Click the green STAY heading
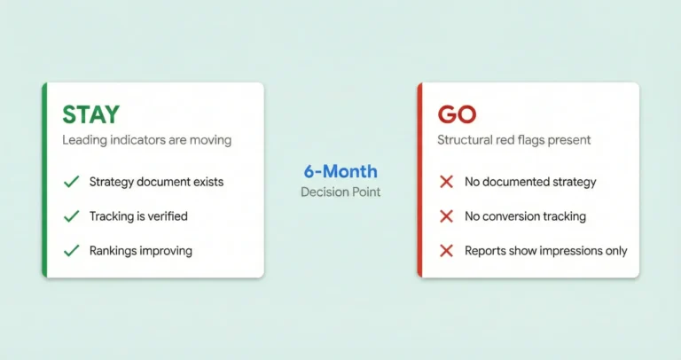(x=90, y=114)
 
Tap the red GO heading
(x=457, y=114)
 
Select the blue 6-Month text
(x=340, y=171)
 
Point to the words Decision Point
(x=340, y=192)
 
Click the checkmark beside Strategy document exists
(x=71, y=182)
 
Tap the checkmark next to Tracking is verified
(x=71, y=216)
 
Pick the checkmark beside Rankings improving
(x=71, y=251)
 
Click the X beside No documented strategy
(x=447, y=182)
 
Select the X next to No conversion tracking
(x=447, y=216)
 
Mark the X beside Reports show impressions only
(x=447, y=251)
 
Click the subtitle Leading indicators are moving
(x=146, y=140)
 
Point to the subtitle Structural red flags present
(x=515, y=140)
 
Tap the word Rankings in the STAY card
(x=113, y=251)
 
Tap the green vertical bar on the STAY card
(x=43, y=180)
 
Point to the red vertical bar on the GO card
(x=419, y=180)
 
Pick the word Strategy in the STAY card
(x=111, y=182)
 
